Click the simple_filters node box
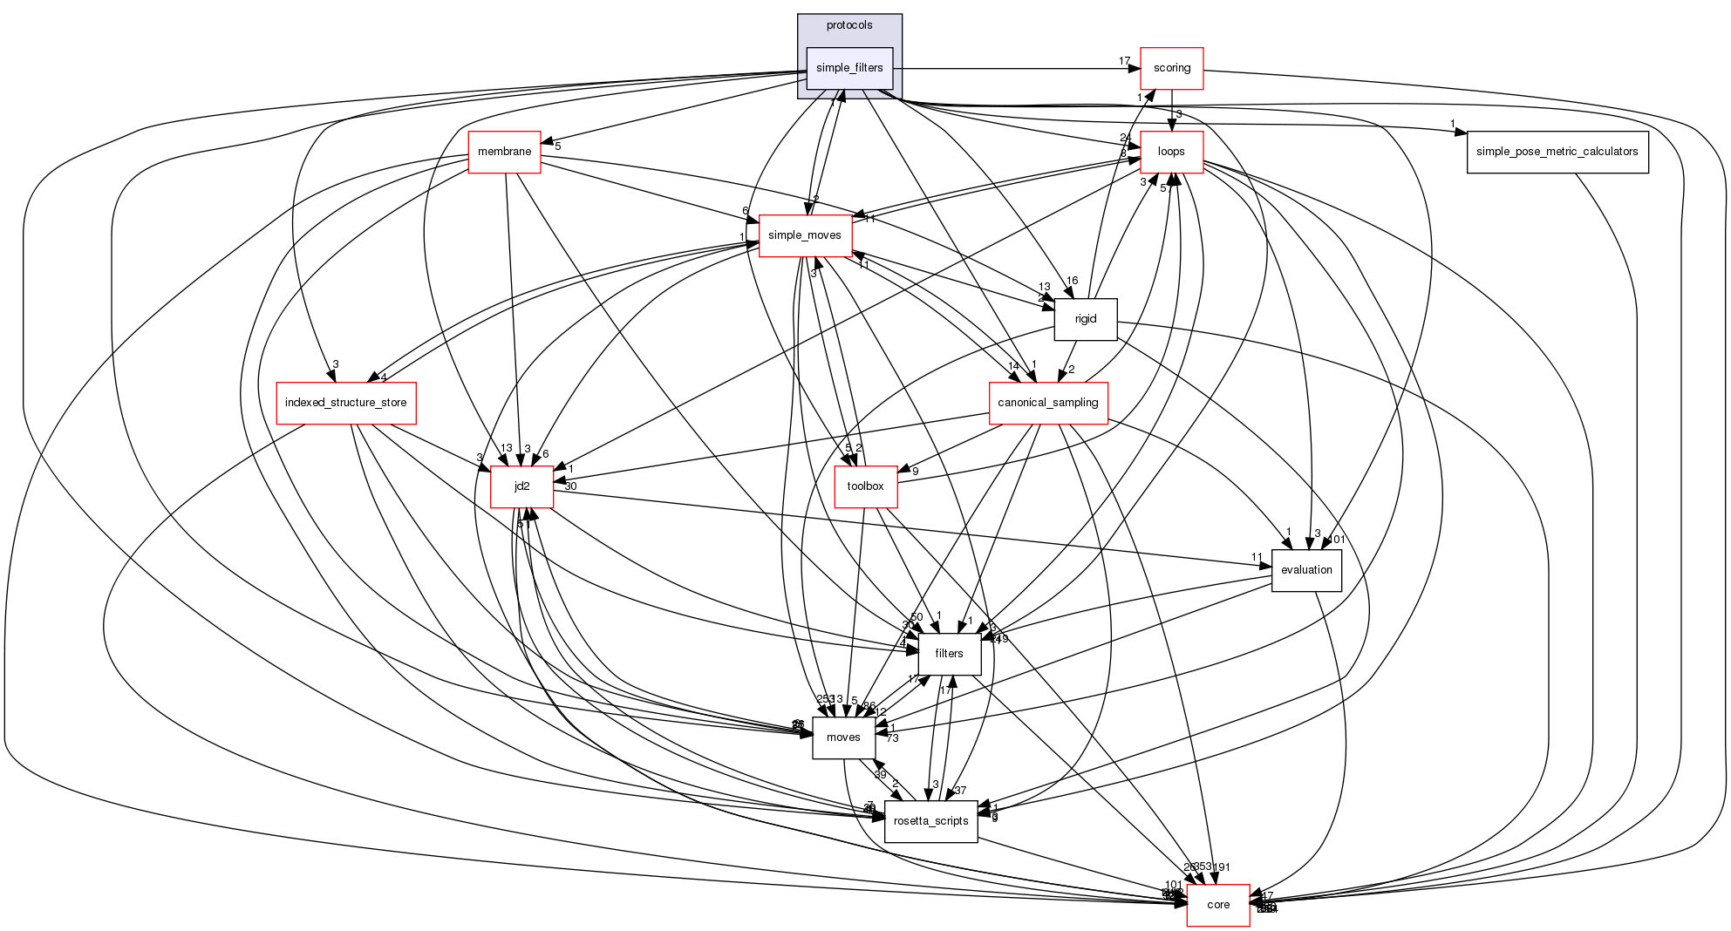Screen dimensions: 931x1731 coord(849,68)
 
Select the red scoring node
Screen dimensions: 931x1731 coord(1171,68)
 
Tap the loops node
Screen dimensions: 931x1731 coord(1171,152)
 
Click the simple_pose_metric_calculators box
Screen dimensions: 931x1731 coord(1557,152)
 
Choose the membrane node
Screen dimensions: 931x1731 coord(504,152)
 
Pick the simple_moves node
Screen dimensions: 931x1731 coord(804,235)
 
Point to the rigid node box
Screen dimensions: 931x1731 coord(1085,319)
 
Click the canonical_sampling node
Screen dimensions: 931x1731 coord(1047,403)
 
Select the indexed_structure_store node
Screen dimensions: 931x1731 coord(345,403)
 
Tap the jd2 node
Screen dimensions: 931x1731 coord(521,486)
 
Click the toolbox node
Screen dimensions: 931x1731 coord(865,486)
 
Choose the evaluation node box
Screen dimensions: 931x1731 coord(1305,570)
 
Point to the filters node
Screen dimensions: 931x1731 coord(949,654)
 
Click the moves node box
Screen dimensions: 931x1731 coord(843,737)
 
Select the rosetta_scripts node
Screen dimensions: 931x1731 coord(930,821)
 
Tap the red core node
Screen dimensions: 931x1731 coord(1217,905)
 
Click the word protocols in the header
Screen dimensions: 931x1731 coord(849,25)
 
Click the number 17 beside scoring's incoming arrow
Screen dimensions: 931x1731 coord(1125,61)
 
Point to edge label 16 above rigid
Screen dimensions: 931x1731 coord(1073,281)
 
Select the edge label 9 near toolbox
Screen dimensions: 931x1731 coord(915,472)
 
